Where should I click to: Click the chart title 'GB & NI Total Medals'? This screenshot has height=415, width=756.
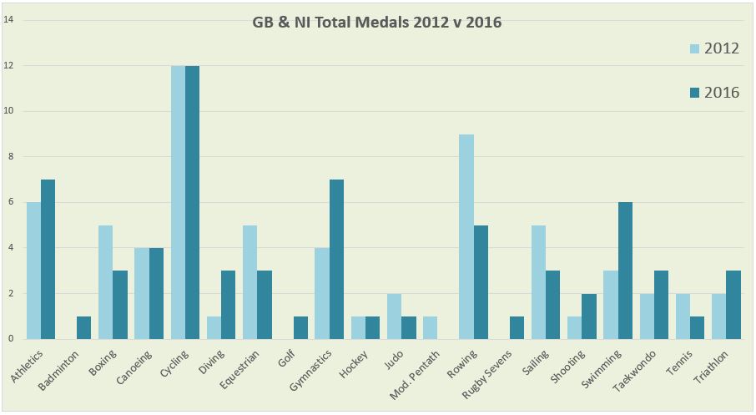point(377,23)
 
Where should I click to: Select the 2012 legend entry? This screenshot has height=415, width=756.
point(714,48)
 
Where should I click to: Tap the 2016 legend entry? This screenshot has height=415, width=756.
point(714,92)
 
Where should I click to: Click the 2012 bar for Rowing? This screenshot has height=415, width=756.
point(466,237)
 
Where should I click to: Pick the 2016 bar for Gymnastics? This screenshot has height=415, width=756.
point(336,259)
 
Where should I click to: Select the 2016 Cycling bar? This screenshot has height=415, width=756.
point(192,202)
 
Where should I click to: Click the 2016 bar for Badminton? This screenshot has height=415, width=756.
point(84,327)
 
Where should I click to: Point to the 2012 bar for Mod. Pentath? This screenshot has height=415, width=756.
point(430,327)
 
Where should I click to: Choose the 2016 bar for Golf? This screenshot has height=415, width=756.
point(300,327)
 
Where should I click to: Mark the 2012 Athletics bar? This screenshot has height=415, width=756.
point(33,271)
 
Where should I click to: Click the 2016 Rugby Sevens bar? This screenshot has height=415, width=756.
point(517,327)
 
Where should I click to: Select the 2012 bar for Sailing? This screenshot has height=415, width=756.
point(538,282)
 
